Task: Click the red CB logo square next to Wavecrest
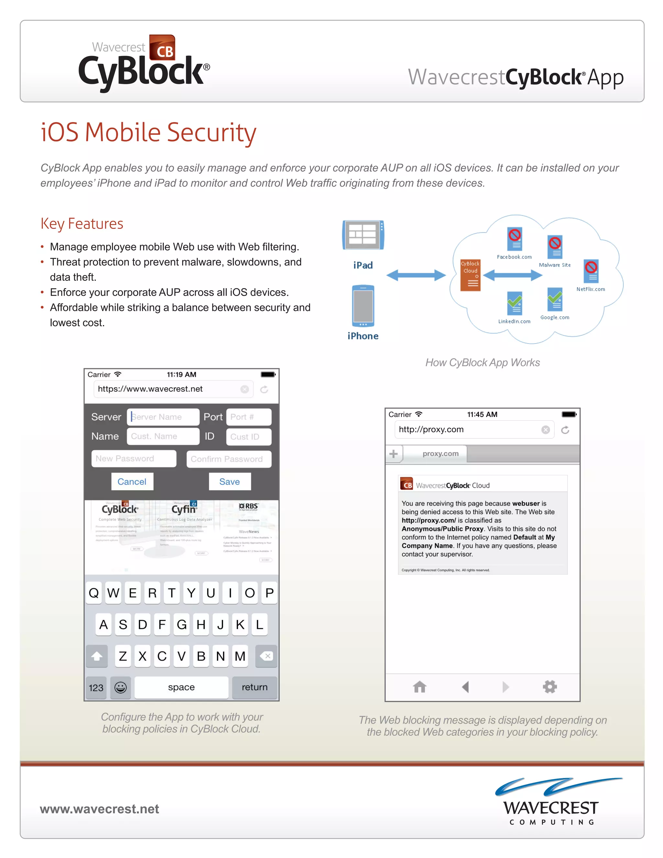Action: [163, 48]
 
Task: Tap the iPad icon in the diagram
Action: [363, 235]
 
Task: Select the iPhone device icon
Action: [363, 306]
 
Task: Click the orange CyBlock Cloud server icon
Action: [470, 275]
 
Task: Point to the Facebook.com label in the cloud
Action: [514, 257]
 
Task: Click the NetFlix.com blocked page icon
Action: [591, 271]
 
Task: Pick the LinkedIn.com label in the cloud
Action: [514, 322]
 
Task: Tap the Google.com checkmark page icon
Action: [555, 299]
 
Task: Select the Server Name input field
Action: [163, 417]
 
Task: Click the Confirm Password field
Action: [229, 459]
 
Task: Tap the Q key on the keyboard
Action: [94, 593]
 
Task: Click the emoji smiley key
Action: [120, 687]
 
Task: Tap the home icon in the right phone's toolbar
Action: [420, 687]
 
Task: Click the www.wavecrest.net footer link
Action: [99, 809]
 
